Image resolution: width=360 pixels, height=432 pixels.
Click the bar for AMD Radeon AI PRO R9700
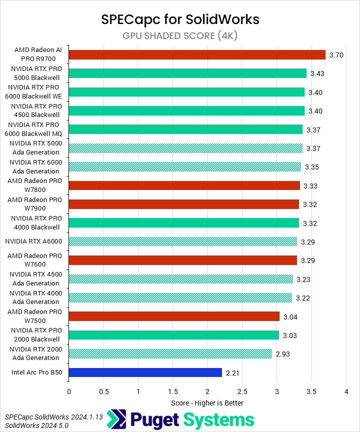coord(196,54)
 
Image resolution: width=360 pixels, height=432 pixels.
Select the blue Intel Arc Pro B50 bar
coord(145,372)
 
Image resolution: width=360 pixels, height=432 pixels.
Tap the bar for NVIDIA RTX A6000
coord(182,241)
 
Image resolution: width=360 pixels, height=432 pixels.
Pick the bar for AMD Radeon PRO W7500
coord(174,316)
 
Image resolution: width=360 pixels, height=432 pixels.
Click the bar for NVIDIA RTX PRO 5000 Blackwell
coord(187,73)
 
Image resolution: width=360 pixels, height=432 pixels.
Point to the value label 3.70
coord(336,55)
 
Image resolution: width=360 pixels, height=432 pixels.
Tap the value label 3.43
coord(317,73)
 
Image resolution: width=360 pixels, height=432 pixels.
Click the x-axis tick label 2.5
coord(242,391)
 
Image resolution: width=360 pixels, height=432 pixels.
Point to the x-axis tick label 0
coord(68,391)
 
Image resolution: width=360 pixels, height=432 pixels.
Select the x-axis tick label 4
coord(346,391)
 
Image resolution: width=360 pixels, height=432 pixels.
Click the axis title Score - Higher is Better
coord(207,402)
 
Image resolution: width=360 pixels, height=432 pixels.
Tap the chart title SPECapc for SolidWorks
coord(180,19)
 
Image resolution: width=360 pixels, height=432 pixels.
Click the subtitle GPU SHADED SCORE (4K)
coord(180,35)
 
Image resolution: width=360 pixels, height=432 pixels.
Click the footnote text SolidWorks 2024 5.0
coord(36,425)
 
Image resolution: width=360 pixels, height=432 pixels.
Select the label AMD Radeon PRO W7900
coord(34,204)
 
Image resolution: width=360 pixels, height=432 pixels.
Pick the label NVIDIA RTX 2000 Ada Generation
coord(34,354)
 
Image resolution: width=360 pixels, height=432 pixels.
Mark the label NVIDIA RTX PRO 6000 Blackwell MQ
coord(34,129)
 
